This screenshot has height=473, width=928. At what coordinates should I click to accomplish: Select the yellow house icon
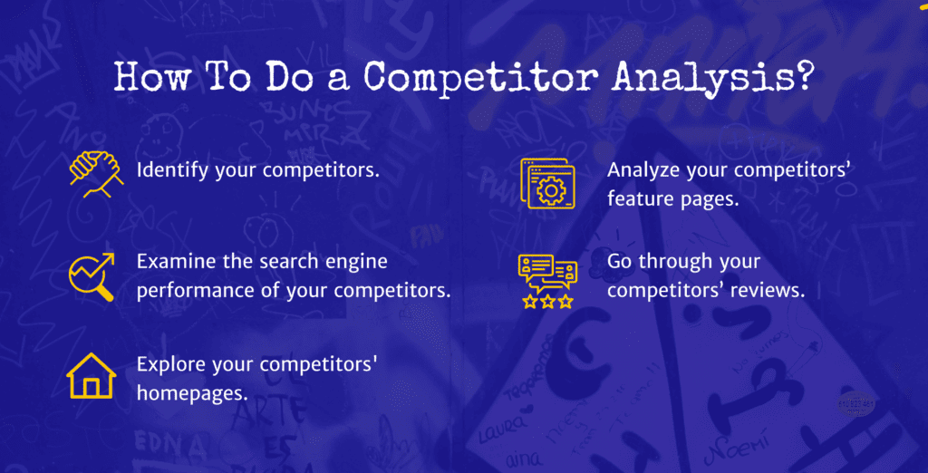pyautogui.click(x=91, y=375)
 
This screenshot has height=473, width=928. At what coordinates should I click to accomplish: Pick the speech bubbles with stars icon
pyautogui.click(x=546, y=282)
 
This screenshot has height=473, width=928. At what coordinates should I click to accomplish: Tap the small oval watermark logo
pyautogui.click(x=854, y=402)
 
